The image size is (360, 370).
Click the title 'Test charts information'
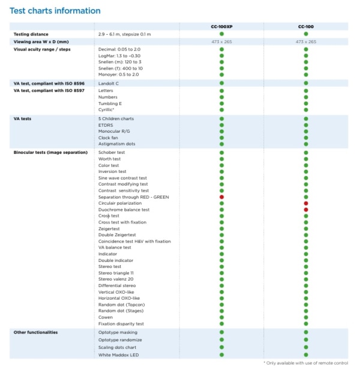(55, 11)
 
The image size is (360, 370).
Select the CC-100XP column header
(221, 26)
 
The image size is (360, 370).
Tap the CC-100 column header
(305, 26)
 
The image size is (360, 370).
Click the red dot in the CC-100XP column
(221, 197)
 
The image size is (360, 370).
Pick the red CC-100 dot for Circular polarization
(305, 204)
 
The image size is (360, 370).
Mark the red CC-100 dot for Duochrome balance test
(305, 210)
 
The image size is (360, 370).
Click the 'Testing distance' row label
(31, 34)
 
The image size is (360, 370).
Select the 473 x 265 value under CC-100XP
(221, 42)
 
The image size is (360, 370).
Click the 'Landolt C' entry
(109, 83)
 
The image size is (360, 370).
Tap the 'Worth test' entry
(109, 159)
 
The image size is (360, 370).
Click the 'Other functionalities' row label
(36, 332)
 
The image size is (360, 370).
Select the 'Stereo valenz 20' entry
(116, 279)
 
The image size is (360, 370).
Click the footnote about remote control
(305, 363)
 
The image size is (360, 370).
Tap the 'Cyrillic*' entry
(107, 110)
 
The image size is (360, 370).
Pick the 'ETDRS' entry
(106, 125)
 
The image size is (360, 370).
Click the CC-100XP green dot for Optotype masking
(221, 332)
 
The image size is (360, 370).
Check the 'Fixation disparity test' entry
(121, 324)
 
